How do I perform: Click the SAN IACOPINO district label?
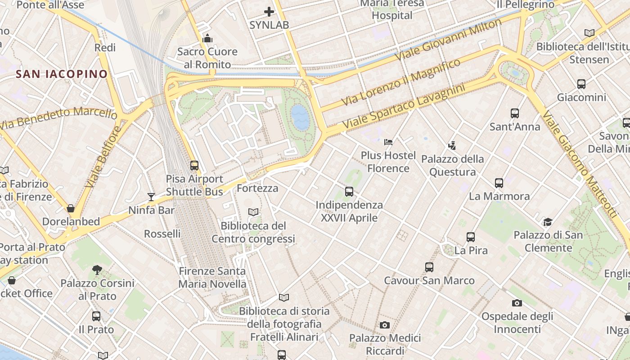coord(62,74)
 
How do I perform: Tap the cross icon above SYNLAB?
coord(269,12)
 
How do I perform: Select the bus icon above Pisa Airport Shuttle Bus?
coord(194,166)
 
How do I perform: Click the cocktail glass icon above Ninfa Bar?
coord(151,197)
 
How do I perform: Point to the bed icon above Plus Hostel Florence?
coord(388,143)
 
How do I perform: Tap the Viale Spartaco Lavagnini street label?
coord(404,106)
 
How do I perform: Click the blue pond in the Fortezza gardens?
coord(299,117)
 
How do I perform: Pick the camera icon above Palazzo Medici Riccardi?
coord(384,325)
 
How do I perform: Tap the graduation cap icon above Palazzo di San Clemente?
coord(548,222)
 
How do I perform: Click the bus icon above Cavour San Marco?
coord(429,267)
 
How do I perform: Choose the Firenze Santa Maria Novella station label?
coord(212,278)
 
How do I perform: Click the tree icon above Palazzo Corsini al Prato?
coord(97,270)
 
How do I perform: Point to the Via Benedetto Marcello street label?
coord(58,118)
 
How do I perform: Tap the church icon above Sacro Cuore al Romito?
coord(207,39)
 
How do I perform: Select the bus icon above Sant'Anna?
coord(515,113)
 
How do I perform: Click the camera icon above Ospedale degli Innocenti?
coord(517,303)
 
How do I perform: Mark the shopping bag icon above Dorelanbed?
coord(71,208)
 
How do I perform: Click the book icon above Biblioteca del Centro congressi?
coord(253,212)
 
